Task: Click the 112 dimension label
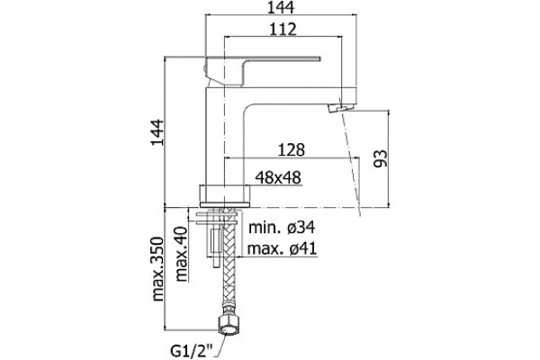(x=283, y=30)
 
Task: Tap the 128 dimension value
(x=292, y=149)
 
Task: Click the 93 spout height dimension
(x=381, y=158)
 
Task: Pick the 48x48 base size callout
(x=278, y=177)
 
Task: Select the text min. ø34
(x=282, y=227)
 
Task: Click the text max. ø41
(x=282, y=248)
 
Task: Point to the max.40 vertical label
(x=181, y=254)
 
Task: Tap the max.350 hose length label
(x=158, y=269)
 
